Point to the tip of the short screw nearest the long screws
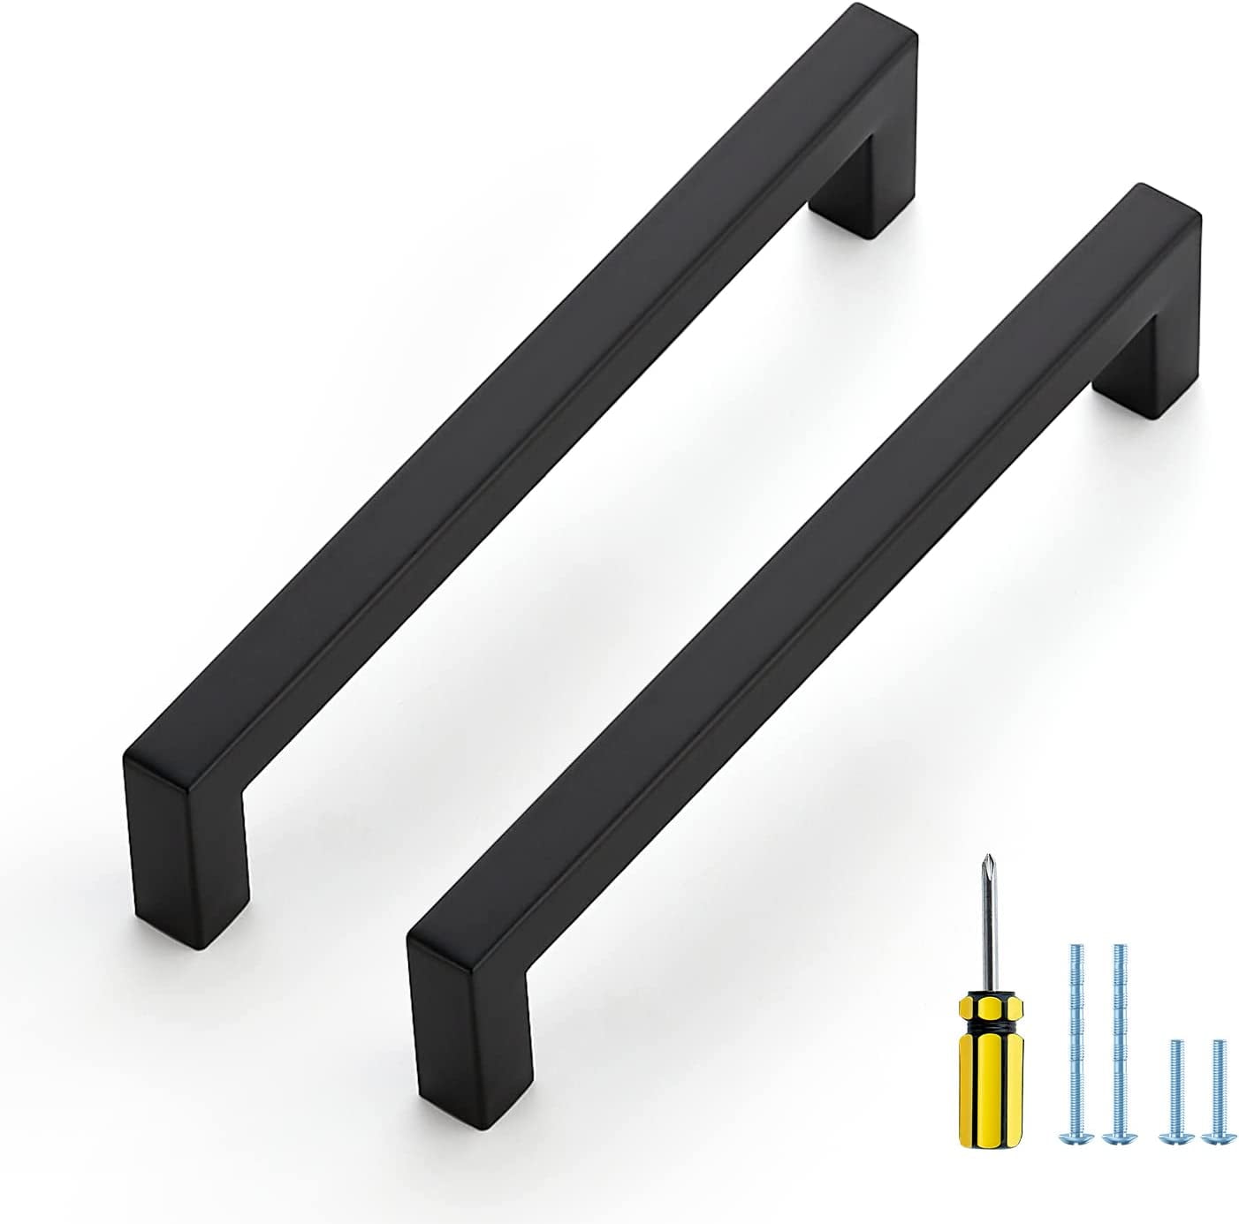pos(1175,1045)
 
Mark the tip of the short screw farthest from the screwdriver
pos(1220,1045)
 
